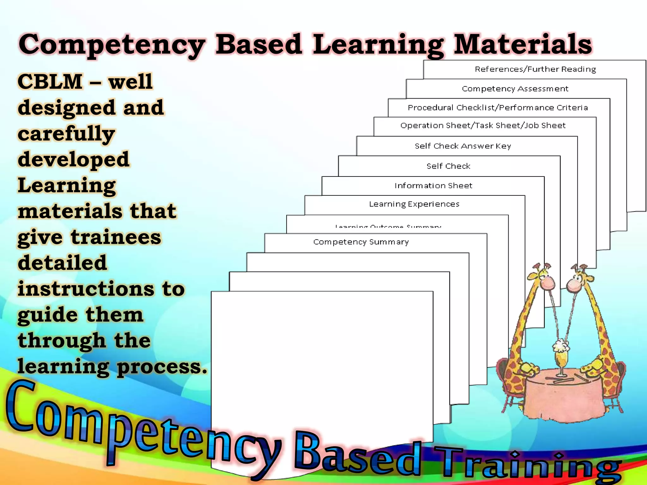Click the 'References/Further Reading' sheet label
coord(535,69)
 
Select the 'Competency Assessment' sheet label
coord(515,89)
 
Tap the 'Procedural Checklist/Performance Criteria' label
coord(498,108)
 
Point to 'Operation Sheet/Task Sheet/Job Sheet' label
coord(483,126)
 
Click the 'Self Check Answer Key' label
coord(463,146)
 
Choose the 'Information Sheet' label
coord(433,186)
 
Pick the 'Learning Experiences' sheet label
coord(414,204)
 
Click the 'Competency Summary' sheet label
coord(361,242)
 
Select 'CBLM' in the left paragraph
coord(50,82)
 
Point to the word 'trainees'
coord(116,237)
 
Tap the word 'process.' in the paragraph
coord(162,367)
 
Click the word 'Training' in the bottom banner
coord(528,464)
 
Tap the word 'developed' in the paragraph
coord(74,159)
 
